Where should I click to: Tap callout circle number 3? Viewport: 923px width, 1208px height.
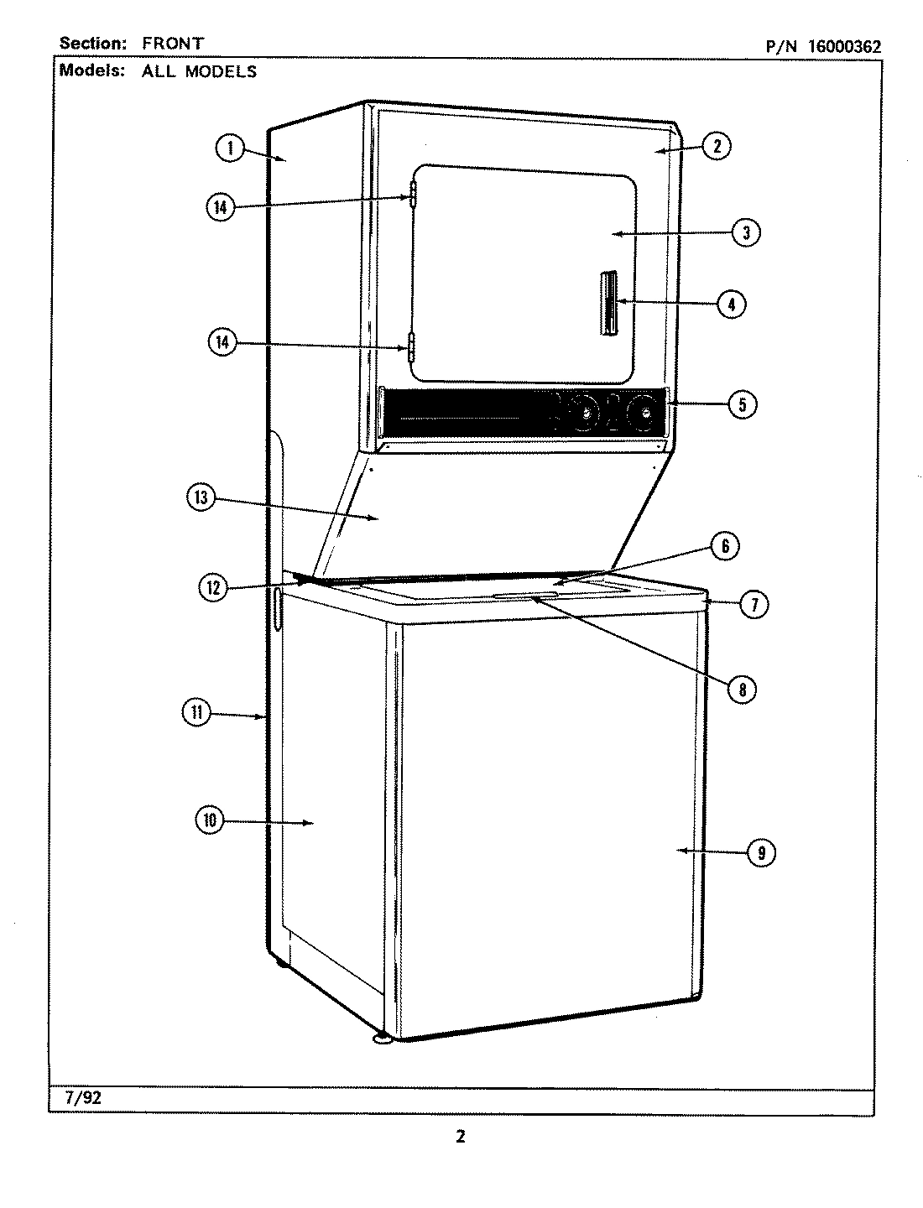[745, 232]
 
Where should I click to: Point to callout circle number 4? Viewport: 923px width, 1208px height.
[731, 304]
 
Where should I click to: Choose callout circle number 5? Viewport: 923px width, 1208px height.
[742, 404]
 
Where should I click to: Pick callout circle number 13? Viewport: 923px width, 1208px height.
[201, 498]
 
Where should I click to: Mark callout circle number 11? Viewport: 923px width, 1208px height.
[196, 713]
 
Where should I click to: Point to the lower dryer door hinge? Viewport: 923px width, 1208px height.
[411, 346]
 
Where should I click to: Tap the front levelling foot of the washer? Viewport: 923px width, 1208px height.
[383, 1041]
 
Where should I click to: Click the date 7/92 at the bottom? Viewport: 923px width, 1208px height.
[81, 1096]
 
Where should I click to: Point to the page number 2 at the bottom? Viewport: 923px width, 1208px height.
[460, 1138]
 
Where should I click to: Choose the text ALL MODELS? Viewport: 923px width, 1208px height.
[199, 71]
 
